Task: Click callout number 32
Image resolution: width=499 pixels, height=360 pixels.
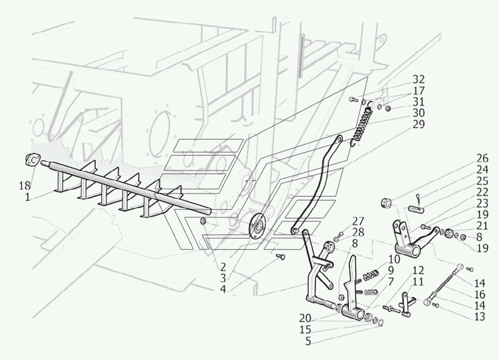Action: [419, 80]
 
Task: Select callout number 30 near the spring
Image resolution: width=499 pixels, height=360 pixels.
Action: [419, 112]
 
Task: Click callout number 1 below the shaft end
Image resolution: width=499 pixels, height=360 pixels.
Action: [27, 196]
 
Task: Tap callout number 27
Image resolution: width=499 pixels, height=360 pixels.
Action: [358, 220]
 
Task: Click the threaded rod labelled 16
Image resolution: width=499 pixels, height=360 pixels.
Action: [444, 283]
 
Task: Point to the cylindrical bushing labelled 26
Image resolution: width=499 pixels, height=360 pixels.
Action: [388, 203]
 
